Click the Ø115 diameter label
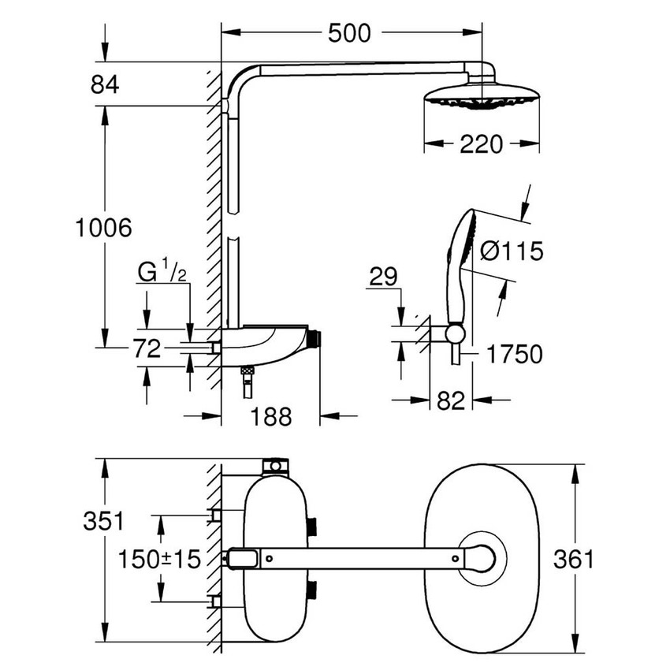coord(511,252)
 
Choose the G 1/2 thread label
coord(162,272)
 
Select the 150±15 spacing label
coord(158,559)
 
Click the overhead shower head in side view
coord(480,98)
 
